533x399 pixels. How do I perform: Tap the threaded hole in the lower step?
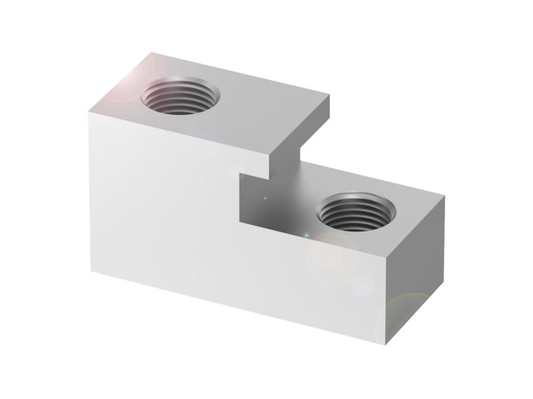355,212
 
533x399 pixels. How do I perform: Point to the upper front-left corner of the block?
89,114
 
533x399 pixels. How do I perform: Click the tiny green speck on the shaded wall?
265,198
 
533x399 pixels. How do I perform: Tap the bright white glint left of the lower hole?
305,235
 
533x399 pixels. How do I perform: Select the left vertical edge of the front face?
90,193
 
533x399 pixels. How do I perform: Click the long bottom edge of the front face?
240,306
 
